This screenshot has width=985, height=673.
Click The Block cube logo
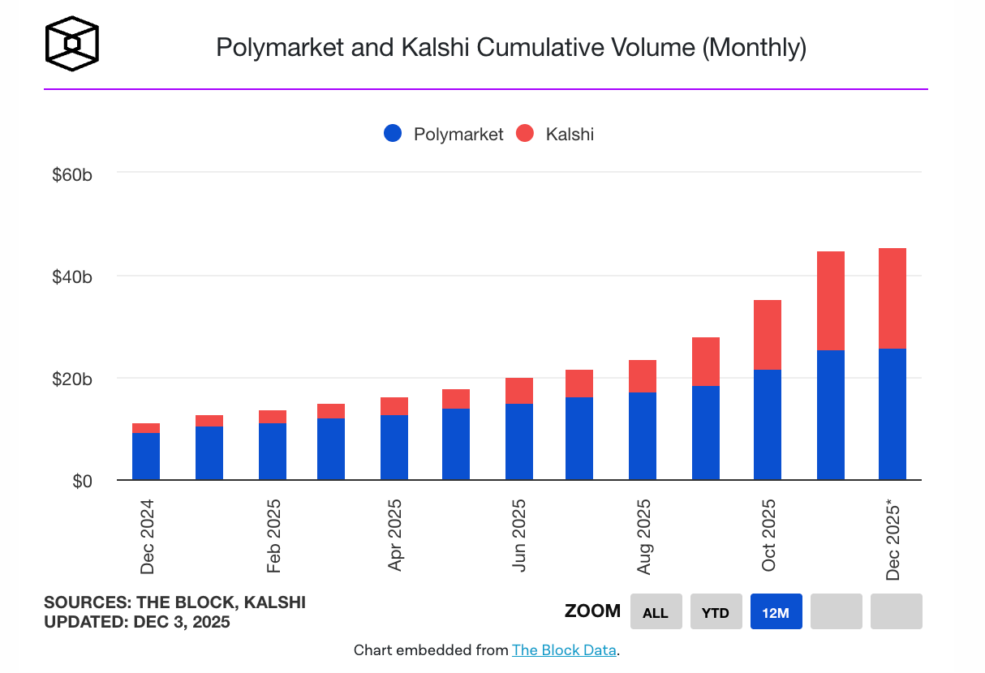coord(72,43)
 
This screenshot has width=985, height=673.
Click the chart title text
coord(510,47)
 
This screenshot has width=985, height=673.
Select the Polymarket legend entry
coord(444,135)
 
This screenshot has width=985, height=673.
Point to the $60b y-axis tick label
coord(71,174)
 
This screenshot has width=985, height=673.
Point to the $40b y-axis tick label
coord(71,276)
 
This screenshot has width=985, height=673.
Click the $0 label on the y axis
coord(82,482)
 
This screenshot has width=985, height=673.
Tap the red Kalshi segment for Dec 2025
coord(892,298)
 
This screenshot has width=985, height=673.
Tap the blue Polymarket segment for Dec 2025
coord(892,414)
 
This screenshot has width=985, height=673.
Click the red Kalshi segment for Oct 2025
coord(767,334)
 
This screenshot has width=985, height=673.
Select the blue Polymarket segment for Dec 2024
coord(146,456)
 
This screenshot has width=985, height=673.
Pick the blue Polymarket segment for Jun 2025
coord(518,441)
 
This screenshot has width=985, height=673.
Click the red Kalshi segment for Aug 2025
coord(643,375)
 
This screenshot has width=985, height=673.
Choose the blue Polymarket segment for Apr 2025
coord(394,447)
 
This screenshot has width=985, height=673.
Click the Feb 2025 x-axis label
coord(273,537)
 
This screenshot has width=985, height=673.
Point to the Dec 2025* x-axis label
coord(893,540)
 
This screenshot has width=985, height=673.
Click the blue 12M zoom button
coord(776,612)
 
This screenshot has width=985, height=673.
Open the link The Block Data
coord(564,650)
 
